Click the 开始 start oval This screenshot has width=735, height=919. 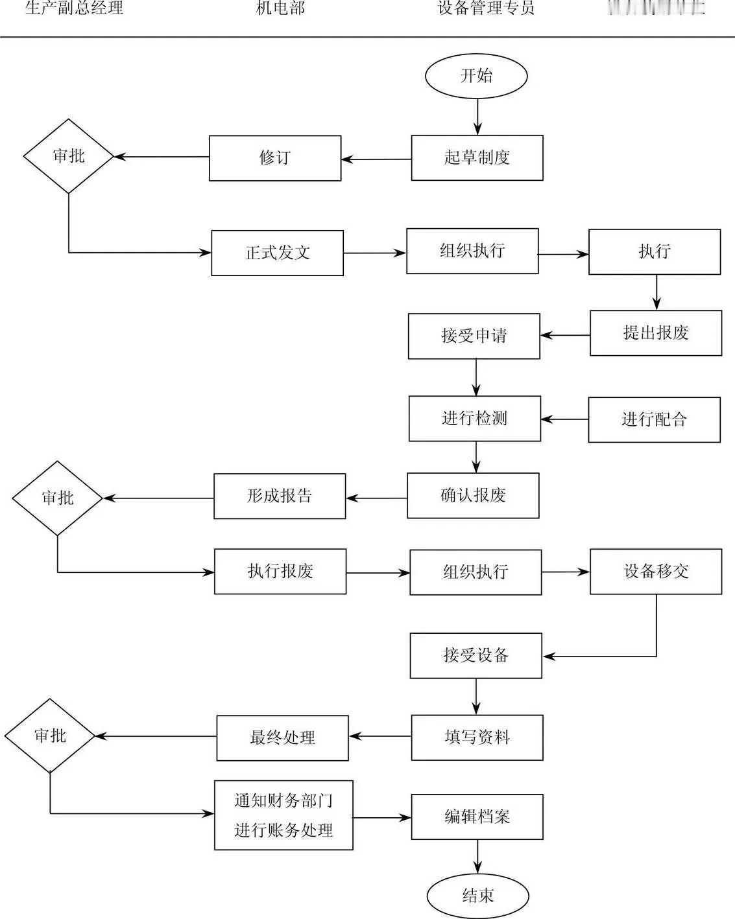[476, 76]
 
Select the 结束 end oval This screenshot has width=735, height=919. [477, 896]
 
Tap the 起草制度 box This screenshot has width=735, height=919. [477, 157]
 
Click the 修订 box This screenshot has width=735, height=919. [274, 158]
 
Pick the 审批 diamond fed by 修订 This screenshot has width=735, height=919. [69, 156]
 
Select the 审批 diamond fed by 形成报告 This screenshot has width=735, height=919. [58, 498]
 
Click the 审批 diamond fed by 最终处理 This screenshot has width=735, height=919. [50, 736]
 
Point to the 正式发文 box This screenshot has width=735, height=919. [277, 253]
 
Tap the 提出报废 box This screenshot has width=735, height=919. [655, 333]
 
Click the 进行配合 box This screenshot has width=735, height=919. [654, 420]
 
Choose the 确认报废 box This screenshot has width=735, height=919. [473, 496]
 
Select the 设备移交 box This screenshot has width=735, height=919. [655, 572]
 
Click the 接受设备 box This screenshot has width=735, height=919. [476, 656]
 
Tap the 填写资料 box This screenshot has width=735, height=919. [477, 738]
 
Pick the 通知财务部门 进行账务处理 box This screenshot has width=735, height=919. [283, 815]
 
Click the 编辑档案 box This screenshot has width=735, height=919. [477, 817]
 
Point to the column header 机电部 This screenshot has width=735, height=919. [280, 8]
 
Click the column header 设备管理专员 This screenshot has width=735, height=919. [486, 8]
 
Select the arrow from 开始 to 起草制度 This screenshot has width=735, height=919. [477, 117]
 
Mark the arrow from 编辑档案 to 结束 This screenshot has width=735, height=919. [477, 857]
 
